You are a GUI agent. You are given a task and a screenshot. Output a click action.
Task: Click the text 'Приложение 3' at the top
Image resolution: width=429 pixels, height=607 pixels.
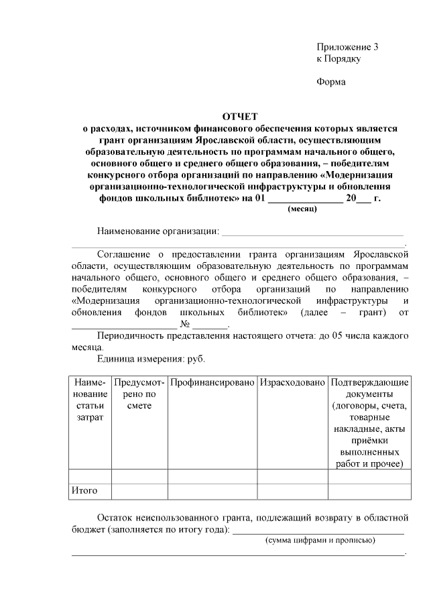[x=347, y=47]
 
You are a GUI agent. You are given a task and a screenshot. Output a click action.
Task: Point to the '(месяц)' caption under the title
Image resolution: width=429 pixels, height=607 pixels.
[x=302, y=209]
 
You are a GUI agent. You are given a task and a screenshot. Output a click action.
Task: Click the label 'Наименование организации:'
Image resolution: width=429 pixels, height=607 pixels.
[x=158, y=231]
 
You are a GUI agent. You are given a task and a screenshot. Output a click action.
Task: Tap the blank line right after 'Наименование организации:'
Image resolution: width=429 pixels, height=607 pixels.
[x=312, y=233]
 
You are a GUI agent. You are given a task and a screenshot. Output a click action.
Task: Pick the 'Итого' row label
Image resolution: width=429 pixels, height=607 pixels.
[x=84, y=490]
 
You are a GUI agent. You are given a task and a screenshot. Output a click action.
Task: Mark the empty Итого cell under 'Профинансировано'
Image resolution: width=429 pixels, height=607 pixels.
[x=212, y=490]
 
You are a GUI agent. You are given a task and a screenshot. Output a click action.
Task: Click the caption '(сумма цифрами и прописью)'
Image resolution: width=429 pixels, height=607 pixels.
[x=320, y=540]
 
